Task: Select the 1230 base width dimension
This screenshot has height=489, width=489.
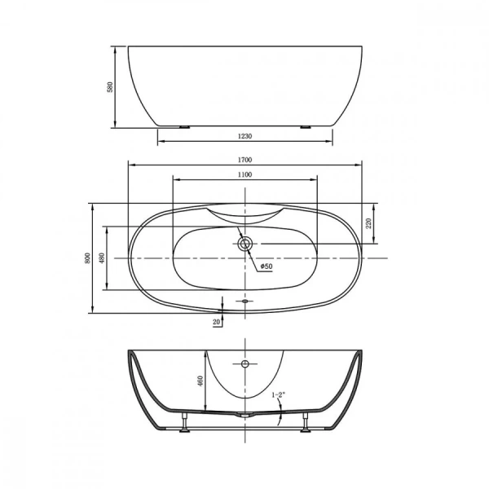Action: (x=244, y=137)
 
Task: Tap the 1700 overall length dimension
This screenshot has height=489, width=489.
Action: (x=244, y=161)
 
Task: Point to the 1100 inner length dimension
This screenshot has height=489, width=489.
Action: (x=244, y=174)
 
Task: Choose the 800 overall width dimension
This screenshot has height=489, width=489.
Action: (x=87, y=258)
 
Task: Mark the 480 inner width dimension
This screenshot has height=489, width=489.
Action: (x=102, y=258)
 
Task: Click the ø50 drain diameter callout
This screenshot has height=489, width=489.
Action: (x=266, y=267)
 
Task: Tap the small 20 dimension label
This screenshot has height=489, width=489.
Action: (x=216, y=323)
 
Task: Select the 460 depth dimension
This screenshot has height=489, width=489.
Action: (x=200, y=380)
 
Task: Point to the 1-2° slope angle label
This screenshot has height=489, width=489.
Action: (x=280, y=395)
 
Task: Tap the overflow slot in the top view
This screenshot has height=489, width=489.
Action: (x=244, y=302)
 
